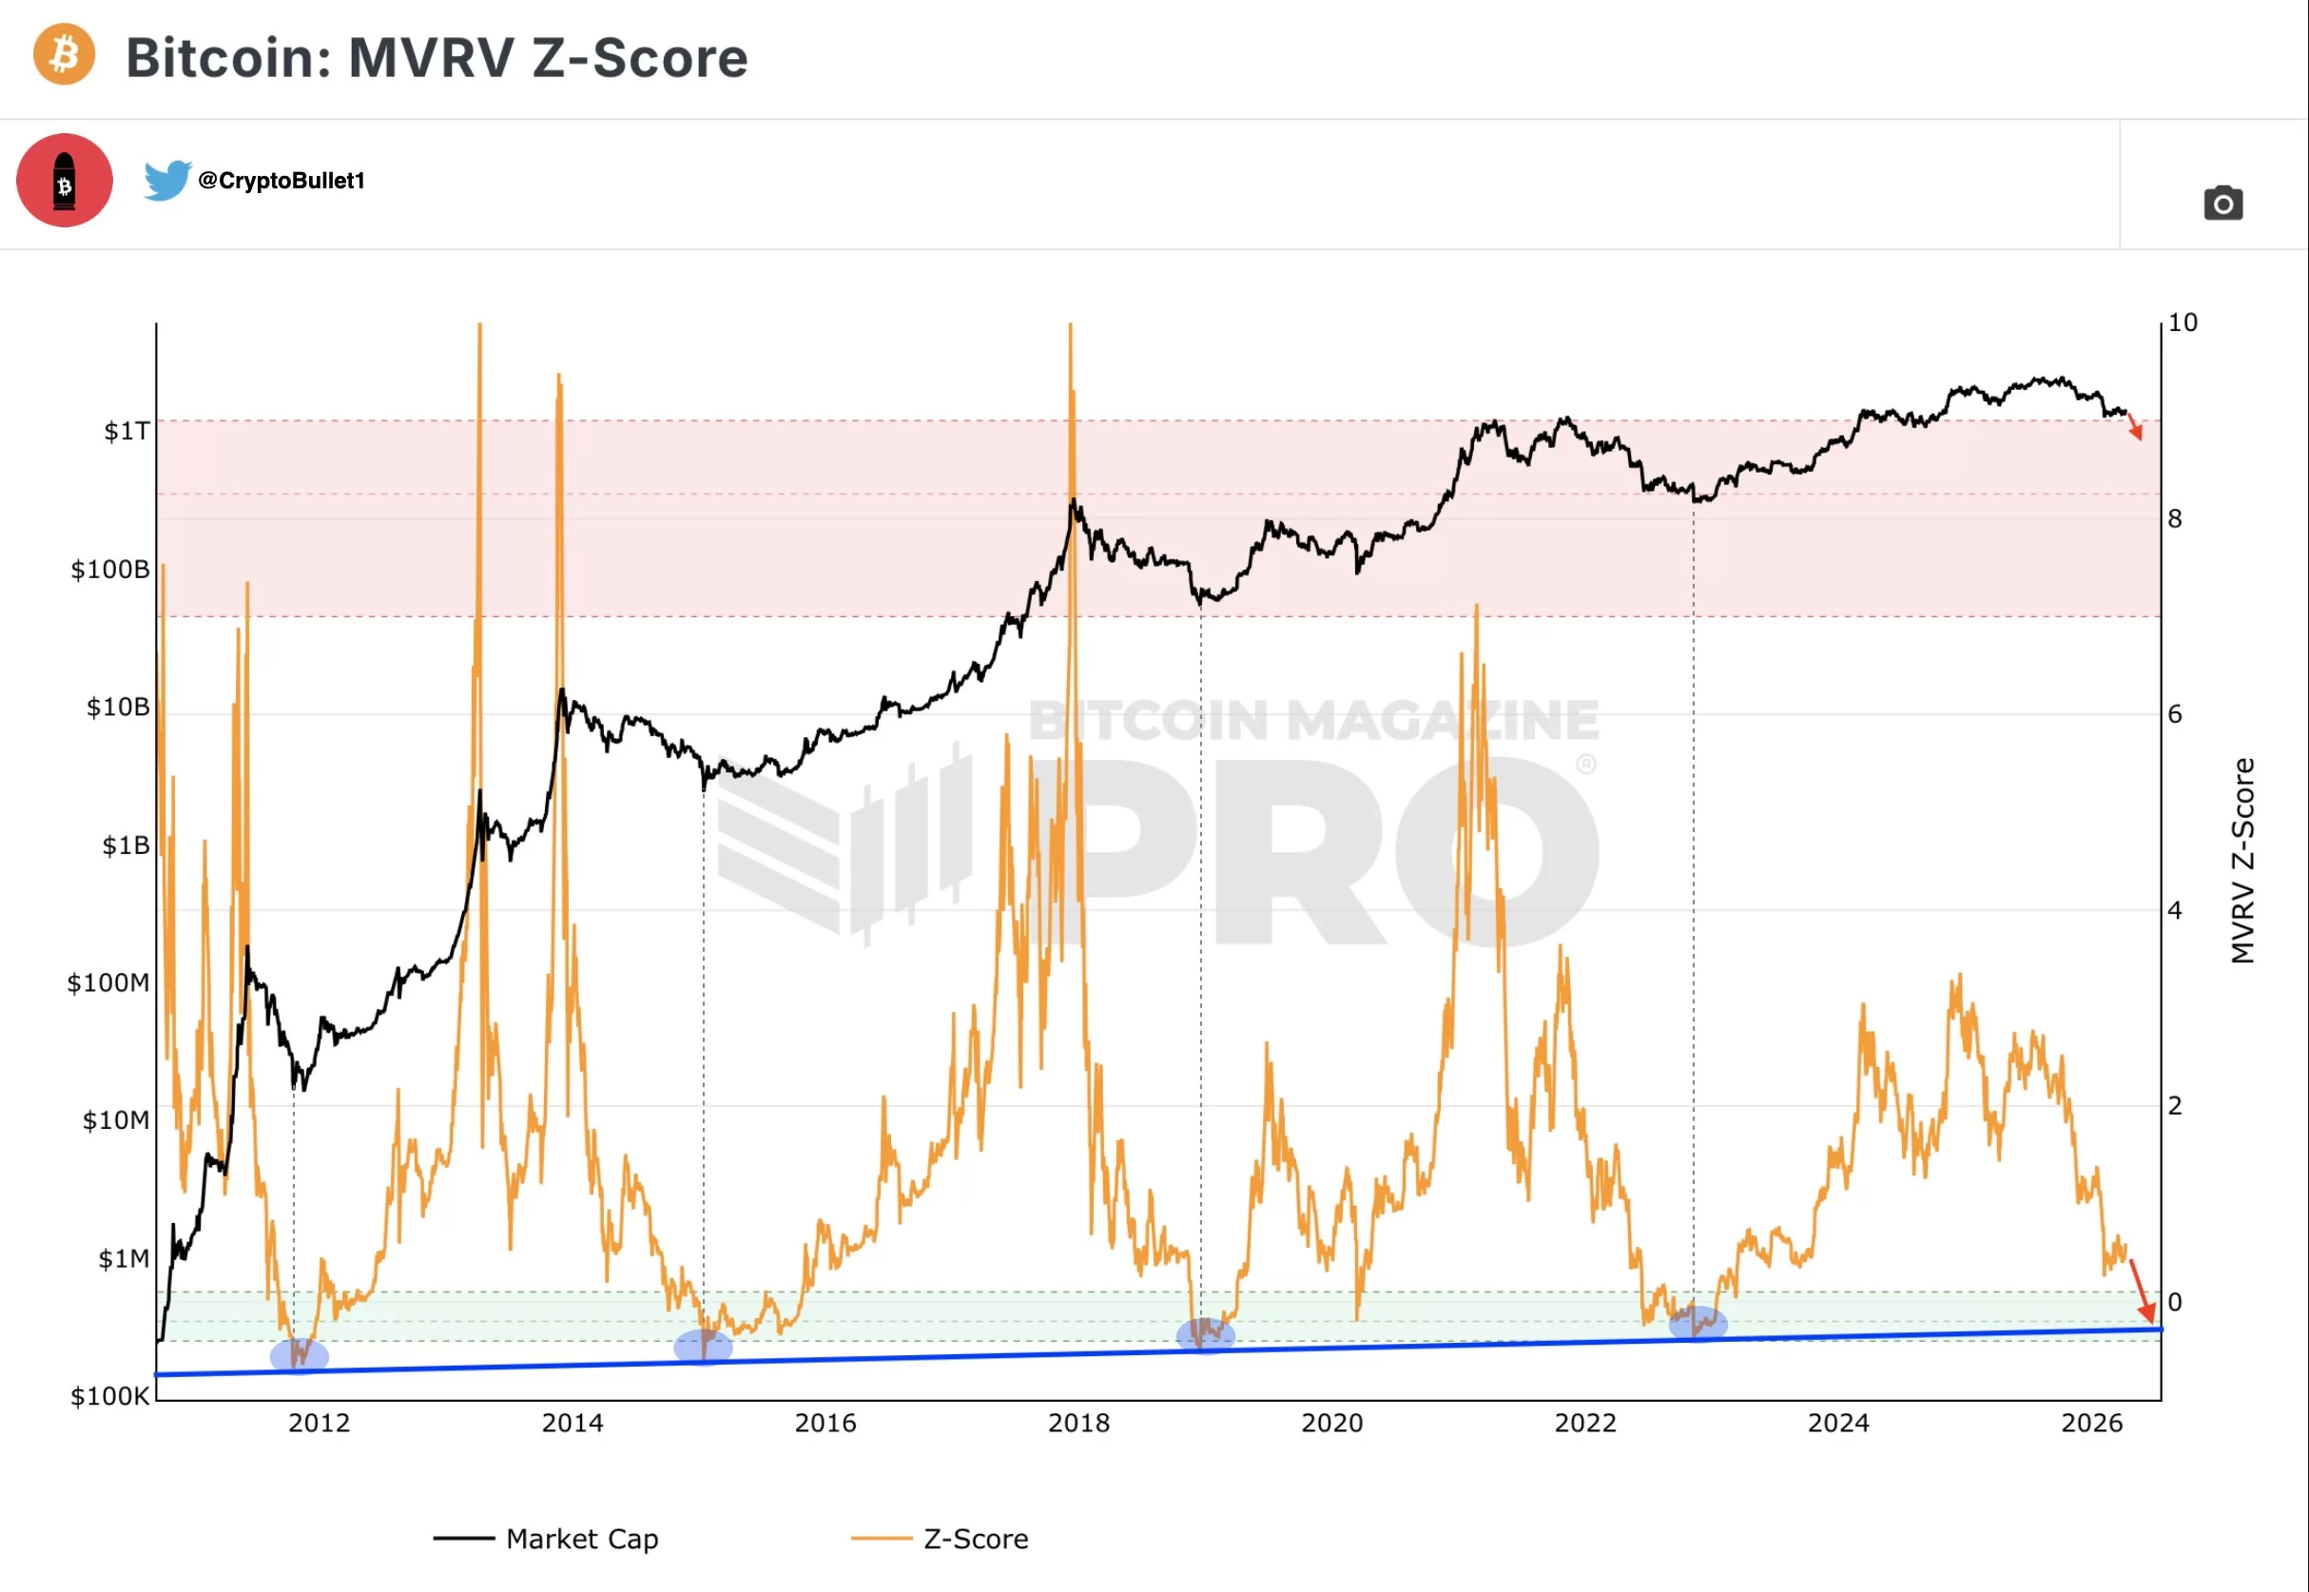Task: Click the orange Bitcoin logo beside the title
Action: [64, 54]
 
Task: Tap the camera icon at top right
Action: [2222, 204]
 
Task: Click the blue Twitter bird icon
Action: [166, 180]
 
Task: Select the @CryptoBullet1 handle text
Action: [281, 181]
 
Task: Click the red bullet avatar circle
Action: [65, 181]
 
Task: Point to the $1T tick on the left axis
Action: [126, 431]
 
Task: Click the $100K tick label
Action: [108, 1396]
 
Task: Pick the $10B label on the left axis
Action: [118, 708]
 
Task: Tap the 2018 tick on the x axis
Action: [1078, 1424]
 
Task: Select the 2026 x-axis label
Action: [2091, 1424]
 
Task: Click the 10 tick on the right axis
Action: [2183, 322]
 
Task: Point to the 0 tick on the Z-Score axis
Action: [2174, 1302]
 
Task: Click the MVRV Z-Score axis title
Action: [2242, 860]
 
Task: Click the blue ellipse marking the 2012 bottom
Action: [299, 1355]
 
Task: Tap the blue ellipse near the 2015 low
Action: [702, 1347]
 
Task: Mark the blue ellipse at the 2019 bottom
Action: [1205, 1334]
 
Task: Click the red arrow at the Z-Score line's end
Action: [2140, 1291]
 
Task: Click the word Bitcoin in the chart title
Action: [227, 58]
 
